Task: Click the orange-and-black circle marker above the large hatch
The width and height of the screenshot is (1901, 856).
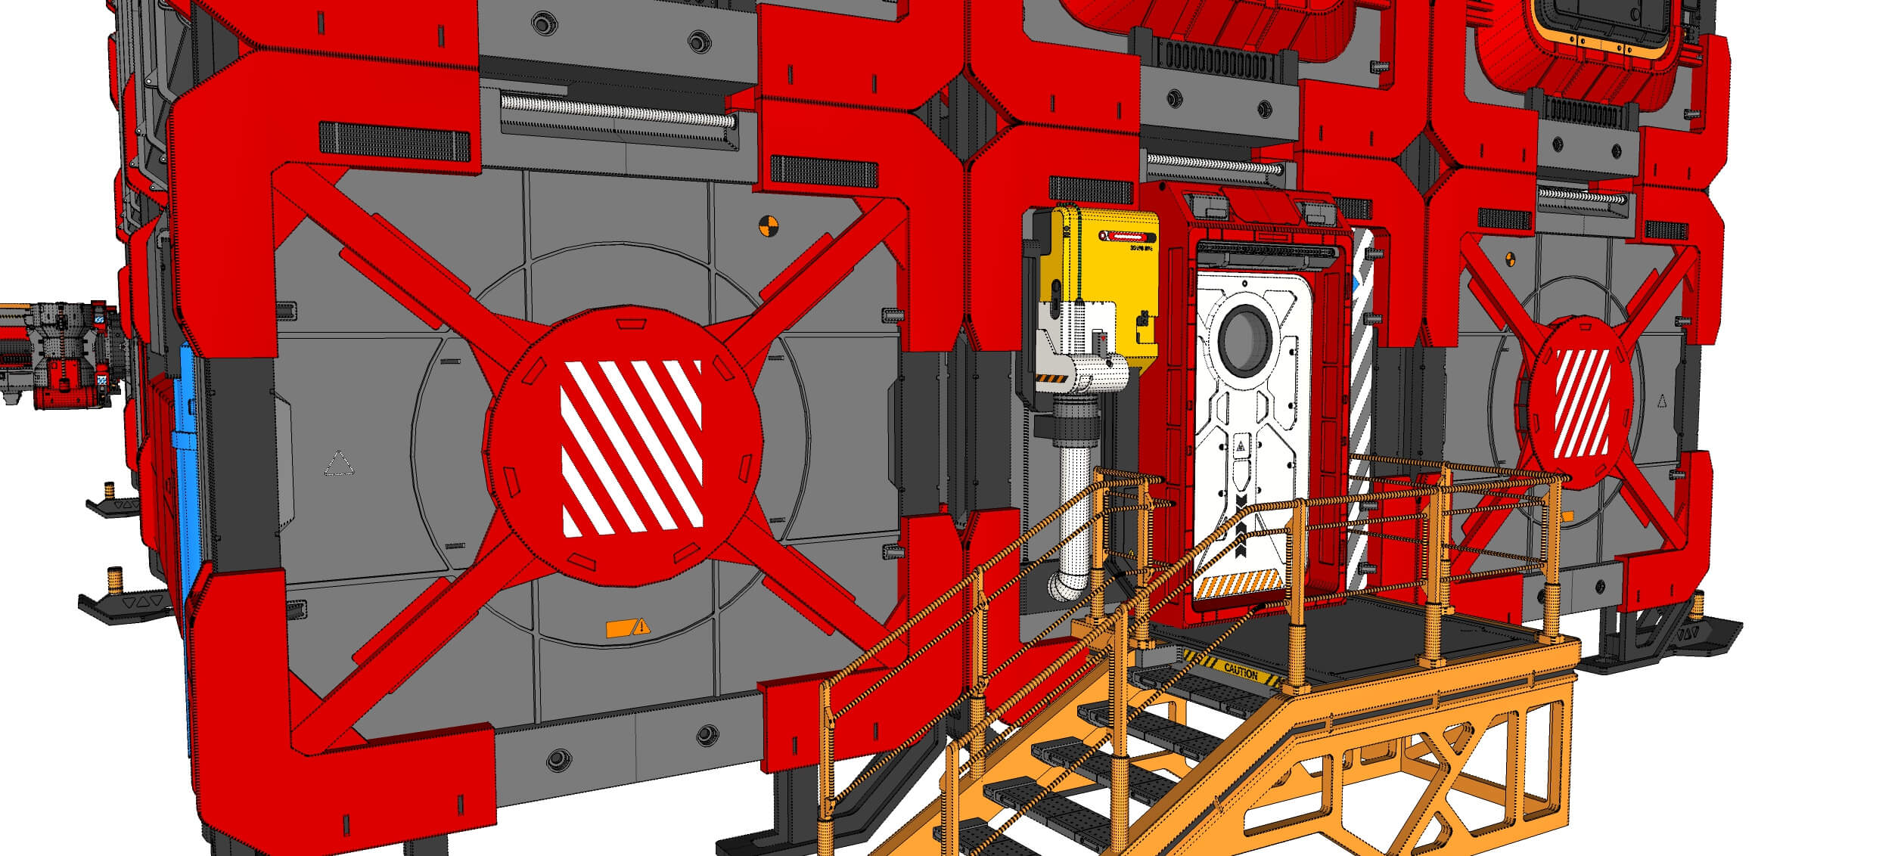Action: pyautogui.click(x=766, y=224)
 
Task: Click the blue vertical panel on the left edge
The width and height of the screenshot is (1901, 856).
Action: pyautogui.click(x=185, y=469)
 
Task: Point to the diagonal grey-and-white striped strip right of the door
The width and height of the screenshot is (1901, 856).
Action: pyautogui.click(x=1359, y=408)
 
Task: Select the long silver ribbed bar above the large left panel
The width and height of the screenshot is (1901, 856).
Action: pyautogui.click(x=617, y=110)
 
